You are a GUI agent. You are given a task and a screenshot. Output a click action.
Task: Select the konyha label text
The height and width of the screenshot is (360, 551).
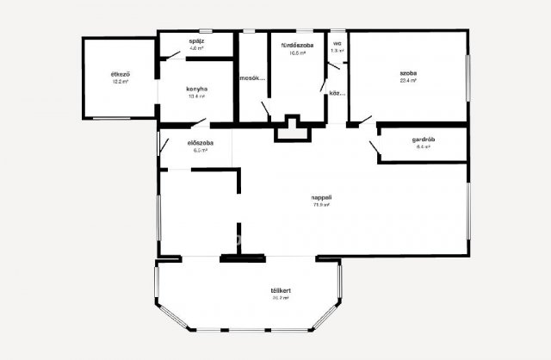[197, 89]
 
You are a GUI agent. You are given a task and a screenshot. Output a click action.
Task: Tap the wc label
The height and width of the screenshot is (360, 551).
[337, 43]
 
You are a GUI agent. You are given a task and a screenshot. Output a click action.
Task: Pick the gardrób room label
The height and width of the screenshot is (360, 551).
[423, 140]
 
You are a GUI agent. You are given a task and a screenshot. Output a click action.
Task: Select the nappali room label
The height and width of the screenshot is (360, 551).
[322, 198]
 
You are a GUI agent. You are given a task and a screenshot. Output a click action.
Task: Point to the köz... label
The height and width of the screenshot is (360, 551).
[337, 93]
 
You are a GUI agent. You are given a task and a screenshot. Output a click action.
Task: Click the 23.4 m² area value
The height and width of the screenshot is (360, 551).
[408, 83]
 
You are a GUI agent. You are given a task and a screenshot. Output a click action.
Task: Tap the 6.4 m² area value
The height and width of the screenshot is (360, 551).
[423, 147]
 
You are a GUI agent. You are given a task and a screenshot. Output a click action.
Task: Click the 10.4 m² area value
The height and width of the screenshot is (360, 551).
[197, 96]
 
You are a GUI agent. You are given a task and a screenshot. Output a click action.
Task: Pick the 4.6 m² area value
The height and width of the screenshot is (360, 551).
[197, 49]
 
